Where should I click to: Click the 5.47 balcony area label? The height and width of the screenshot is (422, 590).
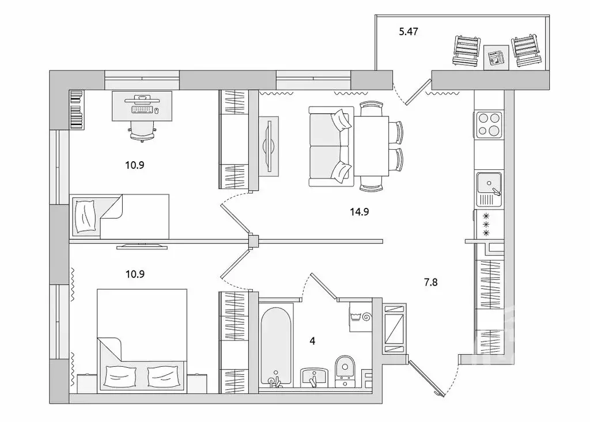coord(408,32)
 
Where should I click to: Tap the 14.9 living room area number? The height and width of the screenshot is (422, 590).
coord(359,211)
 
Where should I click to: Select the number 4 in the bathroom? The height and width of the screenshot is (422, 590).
coord(312,340)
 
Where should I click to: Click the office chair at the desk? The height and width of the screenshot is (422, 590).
coord(141,130)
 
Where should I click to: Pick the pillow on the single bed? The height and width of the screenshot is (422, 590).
coord(85,216)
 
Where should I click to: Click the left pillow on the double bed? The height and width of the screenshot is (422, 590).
coord(123,377)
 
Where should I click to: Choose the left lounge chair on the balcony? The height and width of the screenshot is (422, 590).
coord(466,51)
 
